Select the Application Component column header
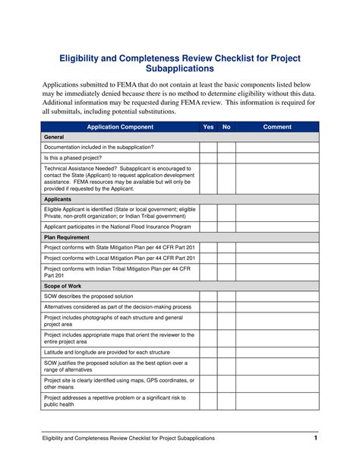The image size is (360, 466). click(x=120, y=127)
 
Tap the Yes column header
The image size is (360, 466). click(x=208, y=127)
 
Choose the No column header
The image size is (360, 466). click(x=226, y=127)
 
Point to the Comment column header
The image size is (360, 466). click(x=277, y=127)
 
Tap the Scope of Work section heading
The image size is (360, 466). click(x=64, y=285)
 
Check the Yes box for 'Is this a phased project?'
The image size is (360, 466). click(x=208, y=157)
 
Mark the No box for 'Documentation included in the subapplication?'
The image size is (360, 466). click(x=226, y=147)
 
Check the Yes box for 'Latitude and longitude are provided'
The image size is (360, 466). click(x=208, y=352)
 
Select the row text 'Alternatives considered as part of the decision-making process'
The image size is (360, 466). click(x=118, y=306)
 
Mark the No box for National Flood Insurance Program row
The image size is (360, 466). click(x=226, y=227)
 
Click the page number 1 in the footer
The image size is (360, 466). click(x=315, y=439)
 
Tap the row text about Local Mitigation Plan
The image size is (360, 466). click(x=119, y=258)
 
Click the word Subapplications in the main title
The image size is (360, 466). click(x=180, y=68)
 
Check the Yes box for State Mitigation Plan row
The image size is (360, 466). click(x=208, y=247)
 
